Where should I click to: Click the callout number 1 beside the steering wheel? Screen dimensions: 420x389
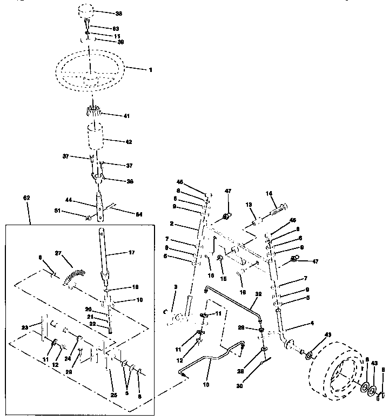click(x=151, y=70)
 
